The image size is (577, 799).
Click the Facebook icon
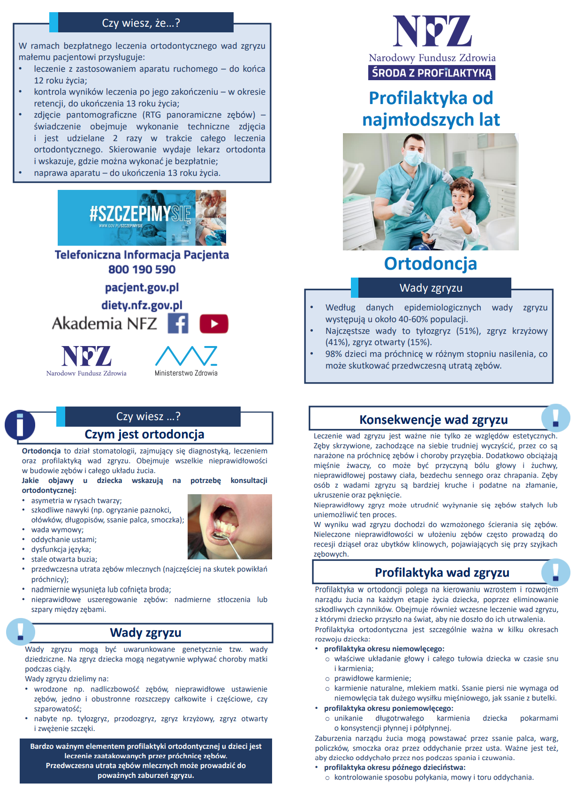tap(178, 324)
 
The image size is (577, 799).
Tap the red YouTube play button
tap(214, 324)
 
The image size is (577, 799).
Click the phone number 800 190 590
tap(142, 270)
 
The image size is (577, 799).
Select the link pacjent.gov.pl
tap(142, 287)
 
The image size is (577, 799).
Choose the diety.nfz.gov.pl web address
tap(142, 305)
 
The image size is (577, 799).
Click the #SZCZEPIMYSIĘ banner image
tap(142, 218)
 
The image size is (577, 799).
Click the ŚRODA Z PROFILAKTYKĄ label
tap(432, 73)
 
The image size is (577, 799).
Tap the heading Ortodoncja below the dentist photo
tap(430, 264)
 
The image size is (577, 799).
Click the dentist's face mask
tap(414, 157)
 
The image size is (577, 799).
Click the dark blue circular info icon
tap(20, 425)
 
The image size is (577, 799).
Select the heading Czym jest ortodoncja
tap(144, 434)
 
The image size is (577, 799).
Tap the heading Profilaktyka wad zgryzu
tap(441, 573)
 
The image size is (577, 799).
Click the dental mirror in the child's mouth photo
tap(220, 535)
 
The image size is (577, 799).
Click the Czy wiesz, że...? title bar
tap(141, 23)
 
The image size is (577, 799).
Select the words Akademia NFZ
tap(104, 324)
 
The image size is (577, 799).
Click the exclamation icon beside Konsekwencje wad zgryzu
tap(555, 418)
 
